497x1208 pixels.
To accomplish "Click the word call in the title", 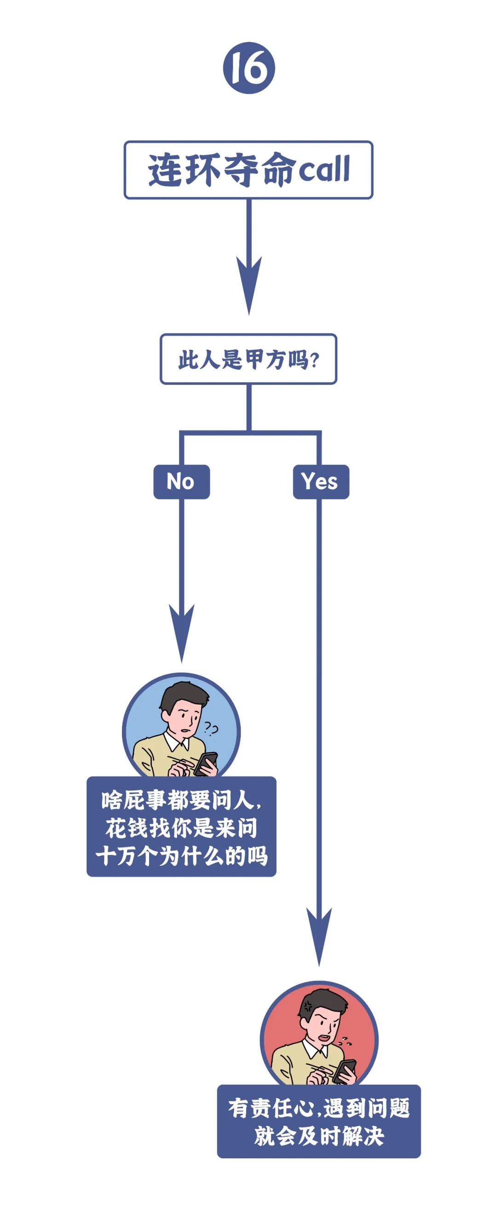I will [x=324, y=169].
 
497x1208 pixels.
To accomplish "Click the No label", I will [x=181, y=481].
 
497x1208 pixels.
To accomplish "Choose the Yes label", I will [x=321, y=481].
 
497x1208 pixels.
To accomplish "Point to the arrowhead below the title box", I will [x=249, y=286].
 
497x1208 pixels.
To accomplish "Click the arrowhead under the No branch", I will [x=182, y=633].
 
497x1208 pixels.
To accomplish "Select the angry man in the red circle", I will [x=318, y=1039].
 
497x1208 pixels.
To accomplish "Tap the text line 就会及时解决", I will [x=318, y=1136].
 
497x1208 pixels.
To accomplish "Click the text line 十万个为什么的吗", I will [x=181, y=856].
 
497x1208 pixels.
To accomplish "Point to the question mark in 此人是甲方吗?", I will [x=315, y=360].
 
